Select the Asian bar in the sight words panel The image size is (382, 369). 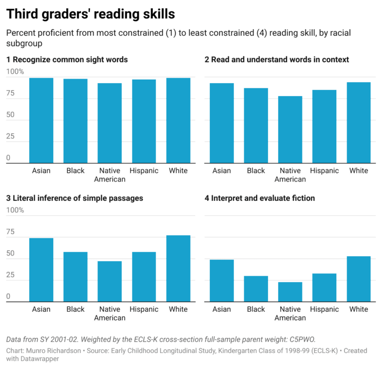click(41, 120)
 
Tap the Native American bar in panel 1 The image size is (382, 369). click(110, 123)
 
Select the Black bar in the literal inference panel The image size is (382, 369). click(76, 277)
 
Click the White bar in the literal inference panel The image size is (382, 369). click(178, 269)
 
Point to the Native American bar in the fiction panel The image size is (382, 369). click(290, 291)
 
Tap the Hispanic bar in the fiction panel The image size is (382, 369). click(325, 287)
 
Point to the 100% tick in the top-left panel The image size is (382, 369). click(15, 73)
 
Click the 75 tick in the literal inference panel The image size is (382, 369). click(10, 232)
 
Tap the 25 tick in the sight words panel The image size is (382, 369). click(10, 136)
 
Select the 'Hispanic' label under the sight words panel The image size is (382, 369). click(144, 171)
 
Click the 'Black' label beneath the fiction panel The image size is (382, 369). click(256, 309)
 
